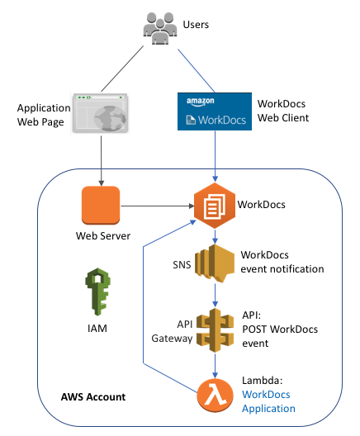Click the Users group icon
pyautogui.click(x=160, y=28)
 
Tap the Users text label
pyautogui.click(x=196, y=25)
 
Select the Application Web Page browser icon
pyautogui.click(x=100, y=113)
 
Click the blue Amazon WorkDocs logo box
pyautogui.click(x=215, y=111)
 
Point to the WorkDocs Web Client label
pyautogui.click(x=283, y=111)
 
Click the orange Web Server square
pyautogui.click(x=101, y=206)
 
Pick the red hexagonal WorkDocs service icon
pyautogui.click(x=215, y=206)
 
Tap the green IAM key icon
pyautogui.click(x=98, y=291)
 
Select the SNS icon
pyautogui.click(x=215, y=263)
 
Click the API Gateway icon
pyautogui.click(x=215, y=330)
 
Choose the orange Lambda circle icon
pyautogui.click(x=216, y=395)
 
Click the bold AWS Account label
pyautogui.click(x=93, y=397)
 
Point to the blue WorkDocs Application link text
pyautogui.click(x=268, y=401)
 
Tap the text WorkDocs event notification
pyautogui.click(x=282, y=262)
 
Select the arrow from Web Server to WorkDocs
pyautogui.click(x=158, y=206)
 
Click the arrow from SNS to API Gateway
pyautogui.click(x=215, y=296)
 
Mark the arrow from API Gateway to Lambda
pyautogui.click(x=215, y=365)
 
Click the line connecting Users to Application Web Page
pyautogui.click(x=122, y=69)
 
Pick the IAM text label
pyautogui.click(x=97, y=329)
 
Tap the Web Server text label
pyautogui.click(x=103, y=236)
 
